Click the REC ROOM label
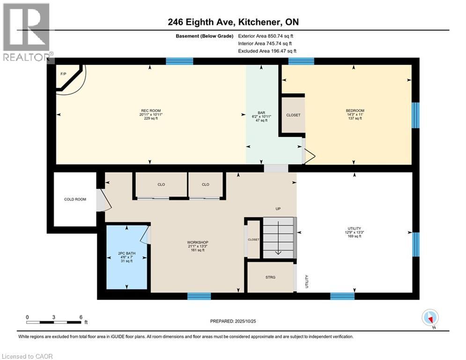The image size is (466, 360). point(150,114)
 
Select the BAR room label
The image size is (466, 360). point(261,116)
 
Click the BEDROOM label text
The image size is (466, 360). point(355,114)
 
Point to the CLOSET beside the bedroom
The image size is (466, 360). point(293,115)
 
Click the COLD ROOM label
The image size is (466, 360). point(75,199)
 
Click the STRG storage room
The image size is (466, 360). point(270,277)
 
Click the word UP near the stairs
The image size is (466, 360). point(278,209)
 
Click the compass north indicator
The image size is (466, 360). point(429,318)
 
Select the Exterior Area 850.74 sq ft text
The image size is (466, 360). point(266,36)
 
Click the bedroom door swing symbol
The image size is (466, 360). point(309,157)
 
